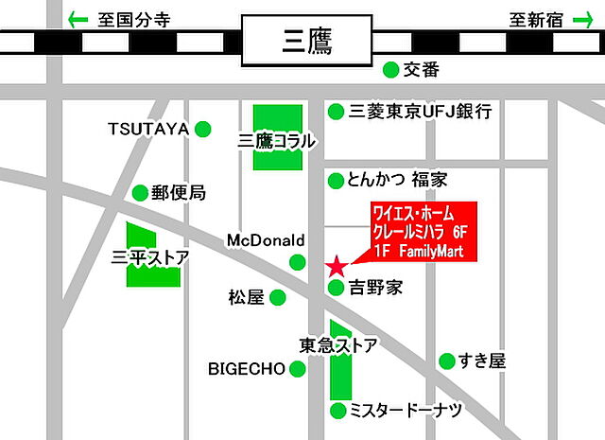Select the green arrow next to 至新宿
(x=585, y=18)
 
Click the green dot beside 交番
(x=389, y=69)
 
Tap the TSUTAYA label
(x=148, y=128)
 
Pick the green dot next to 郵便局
(x=140, y=192)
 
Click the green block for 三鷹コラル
(x=277, y=137)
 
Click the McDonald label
(x=266, y=240)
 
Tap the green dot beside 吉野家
(x=336, y=288)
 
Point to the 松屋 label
(x=244, y=297)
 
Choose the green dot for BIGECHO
(x=297, y=369)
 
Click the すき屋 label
(x=483, y=361)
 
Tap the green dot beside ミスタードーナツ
(x=337, y=410)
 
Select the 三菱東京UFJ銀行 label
(x=420, y=112)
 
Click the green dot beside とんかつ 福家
(x=335, y=180)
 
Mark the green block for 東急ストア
(x=339, y=369)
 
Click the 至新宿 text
(x=538, y=18)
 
